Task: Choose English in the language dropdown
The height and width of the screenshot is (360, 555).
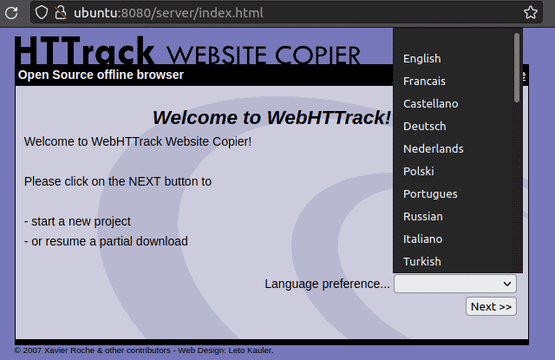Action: [x=422, y=58]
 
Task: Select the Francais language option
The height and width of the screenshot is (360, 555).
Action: [x=424, y=81]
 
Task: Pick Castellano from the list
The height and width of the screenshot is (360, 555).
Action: [x=430, y=104]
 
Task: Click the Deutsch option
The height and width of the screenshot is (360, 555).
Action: [x=424, y=127]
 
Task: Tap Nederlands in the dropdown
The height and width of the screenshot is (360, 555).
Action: [x=434, y=148]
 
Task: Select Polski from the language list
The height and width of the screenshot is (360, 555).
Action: [x=418, y=172]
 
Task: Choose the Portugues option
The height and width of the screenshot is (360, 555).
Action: [x=430, y=194]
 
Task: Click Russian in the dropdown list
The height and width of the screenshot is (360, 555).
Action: [x=422, y=216]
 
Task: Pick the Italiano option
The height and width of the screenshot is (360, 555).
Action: [x=422, y=239]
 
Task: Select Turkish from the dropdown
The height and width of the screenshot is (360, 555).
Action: [x=422, y=262]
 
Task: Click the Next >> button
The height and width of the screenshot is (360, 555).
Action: [x=491, y=306]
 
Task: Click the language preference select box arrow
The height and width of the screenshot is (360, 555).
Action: [x=507, y=284]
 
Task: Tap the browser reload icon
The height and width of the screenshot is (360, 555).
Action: [x=11, y=13]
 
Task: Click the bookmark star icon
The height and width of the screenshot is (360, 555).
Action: [x=531, y=13]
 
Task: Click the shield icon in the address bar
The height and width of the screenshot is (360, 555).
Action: [x=42, y=13]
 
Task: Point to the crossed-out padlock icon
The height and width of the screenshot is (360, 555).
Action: [x=61, y=13]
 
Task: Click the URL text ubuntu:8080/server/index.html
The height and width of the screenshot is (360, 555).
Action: [x=168, y=13]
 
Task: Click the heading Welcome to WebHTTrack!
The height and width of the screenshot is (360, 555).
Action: [x=271, y=117]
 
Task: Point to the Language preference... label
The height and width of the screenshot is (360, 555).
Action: [x=327, y=284]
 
